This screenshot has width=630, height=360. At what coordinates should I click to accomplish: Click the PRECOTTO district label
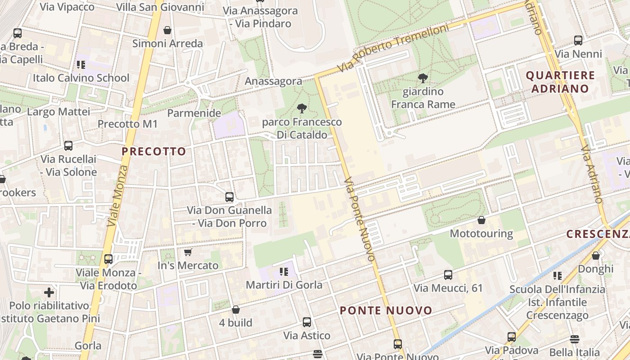tap(154, 152)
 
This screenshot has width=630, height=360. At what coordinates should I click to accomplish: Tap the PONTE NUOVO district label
tap(386, 310)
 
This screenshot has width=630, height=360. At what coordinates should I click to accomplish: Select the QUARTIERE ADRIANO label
tap(560, 82)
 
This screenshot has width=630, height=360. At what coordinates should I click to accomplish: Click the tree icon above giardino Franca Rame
tap(423, 78)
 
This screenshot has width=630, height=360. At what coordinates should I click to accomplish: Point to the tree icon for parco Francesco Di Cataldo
tap(302, 108)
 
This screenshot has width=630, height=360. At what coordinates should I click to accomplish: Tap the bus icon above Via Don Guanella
tap(229, 197)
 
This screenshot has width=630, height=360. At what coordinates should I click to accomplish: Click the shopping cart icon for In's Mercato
tap(188, 252)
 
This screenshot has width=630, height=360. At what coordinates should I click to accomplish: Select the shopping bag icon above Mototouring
tap(481, 220)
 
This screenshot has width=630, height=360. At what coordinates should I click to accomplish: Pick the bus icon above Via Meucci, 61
tap(448, 274)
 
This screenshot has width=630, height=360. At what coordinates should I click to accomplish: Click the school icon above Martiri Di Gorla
tap(283, 271)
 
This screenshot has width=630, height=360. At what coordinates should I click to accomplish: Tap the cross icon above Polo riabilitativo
tap(49, 292)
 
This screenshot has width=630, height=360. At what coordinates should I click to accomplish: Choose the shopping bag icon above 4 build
tap(235, 310)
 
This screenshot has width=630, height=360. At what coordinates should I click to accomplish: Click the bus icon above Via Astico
tap(307, 322)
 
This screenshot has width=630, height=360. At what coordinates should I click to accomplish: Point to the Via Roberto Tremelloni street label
tap(394, 48)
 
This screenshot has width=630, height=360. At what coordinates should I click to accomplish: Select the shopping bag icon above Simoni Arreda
tap(167, 30)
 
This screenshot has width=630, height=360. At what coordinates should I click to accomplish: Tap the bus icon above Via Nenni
tap(578, 40)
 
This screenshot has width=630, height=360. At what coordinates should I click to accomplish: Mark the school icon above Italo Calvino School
tap(81, 65)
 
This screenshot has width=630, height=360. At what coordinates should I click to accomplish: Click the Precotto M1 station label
tap(128, 124)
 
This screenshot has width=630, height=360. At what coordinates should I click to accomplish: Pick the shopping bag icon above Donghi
tap(596, 256)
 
